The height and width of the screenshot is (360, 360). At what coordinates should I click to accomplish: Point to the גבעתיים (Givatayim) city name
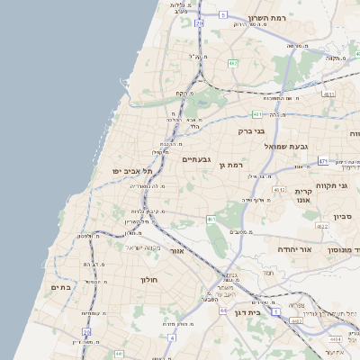pyautogui.click(x=195, y=159)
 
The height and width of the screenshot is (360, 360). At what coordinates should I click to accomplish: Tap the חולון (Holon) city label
pyautogui.click(x=148, y=279)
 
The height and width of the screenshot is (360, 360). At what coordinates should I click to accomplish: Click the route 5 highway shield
pyautogui.click(x=222, y=15)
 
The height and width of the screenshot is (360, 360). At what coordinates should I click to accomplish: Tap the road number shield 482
pyautogui.click(x=232, y=63)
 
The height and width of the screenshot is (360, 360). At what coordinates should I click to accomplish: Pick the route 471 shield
pyautogui.click(x=323, y=162)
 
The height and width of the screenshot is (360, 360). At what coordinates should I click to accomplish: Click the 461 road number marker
pyautogui.click(x=211, y=219)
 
